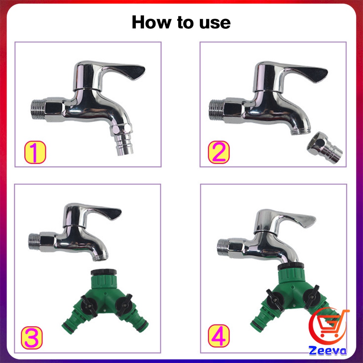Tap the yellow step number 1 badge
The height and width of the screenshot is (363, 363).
click(x=35, y=152)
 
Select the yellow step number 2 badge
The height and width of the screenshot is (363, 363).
click(x=218, y=152)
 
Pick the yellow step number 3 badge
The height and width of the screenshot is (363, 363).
click(x=32, y=338)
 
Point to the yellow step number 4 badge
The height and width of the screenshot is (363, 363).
click(x=219, y=336)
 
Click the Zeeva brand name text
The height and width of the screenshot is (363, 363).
click(x=328, y=351)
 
